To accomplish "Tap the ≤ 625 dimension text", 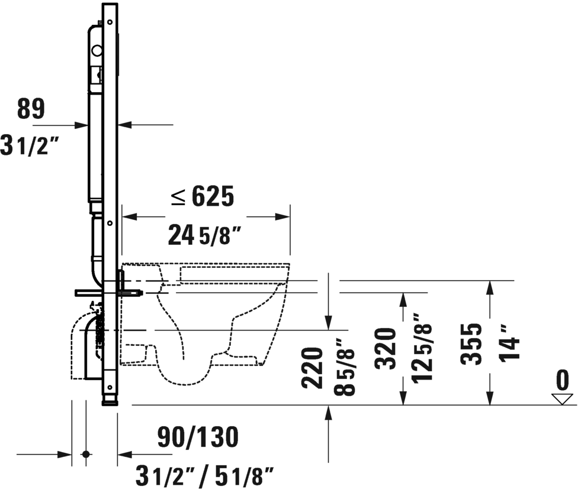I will click(x=203, y=196).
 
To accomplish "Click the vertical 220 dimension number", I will click(x=312, y=367).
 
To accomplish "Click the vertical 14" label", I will click(x=508, y=341).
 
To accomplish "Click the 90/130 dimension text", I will click(x=198, y=437).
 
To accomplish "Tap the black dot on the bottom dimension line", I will click(x=86, y=454).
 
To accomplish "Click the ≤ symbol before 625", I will click(x=179, y=197).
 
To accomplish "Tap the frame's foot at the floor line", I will click(x=110, y=403).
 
